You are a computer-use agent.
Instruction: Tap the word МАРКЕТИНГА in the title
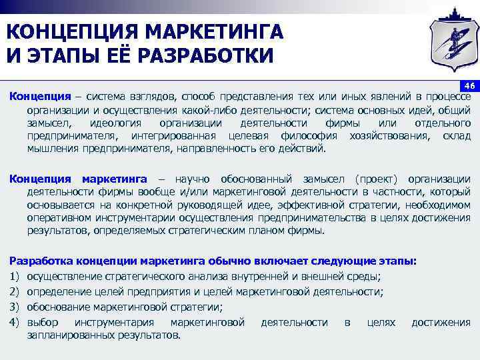point(219,31)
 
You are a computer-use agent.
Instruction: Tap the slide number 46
point(469,86)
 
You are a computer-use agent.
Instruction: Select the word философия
point(311,136)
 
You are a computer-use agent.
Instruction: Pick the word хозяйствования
point(387,136)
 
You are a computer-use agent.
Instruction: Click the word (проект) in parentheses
point(377,179)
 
